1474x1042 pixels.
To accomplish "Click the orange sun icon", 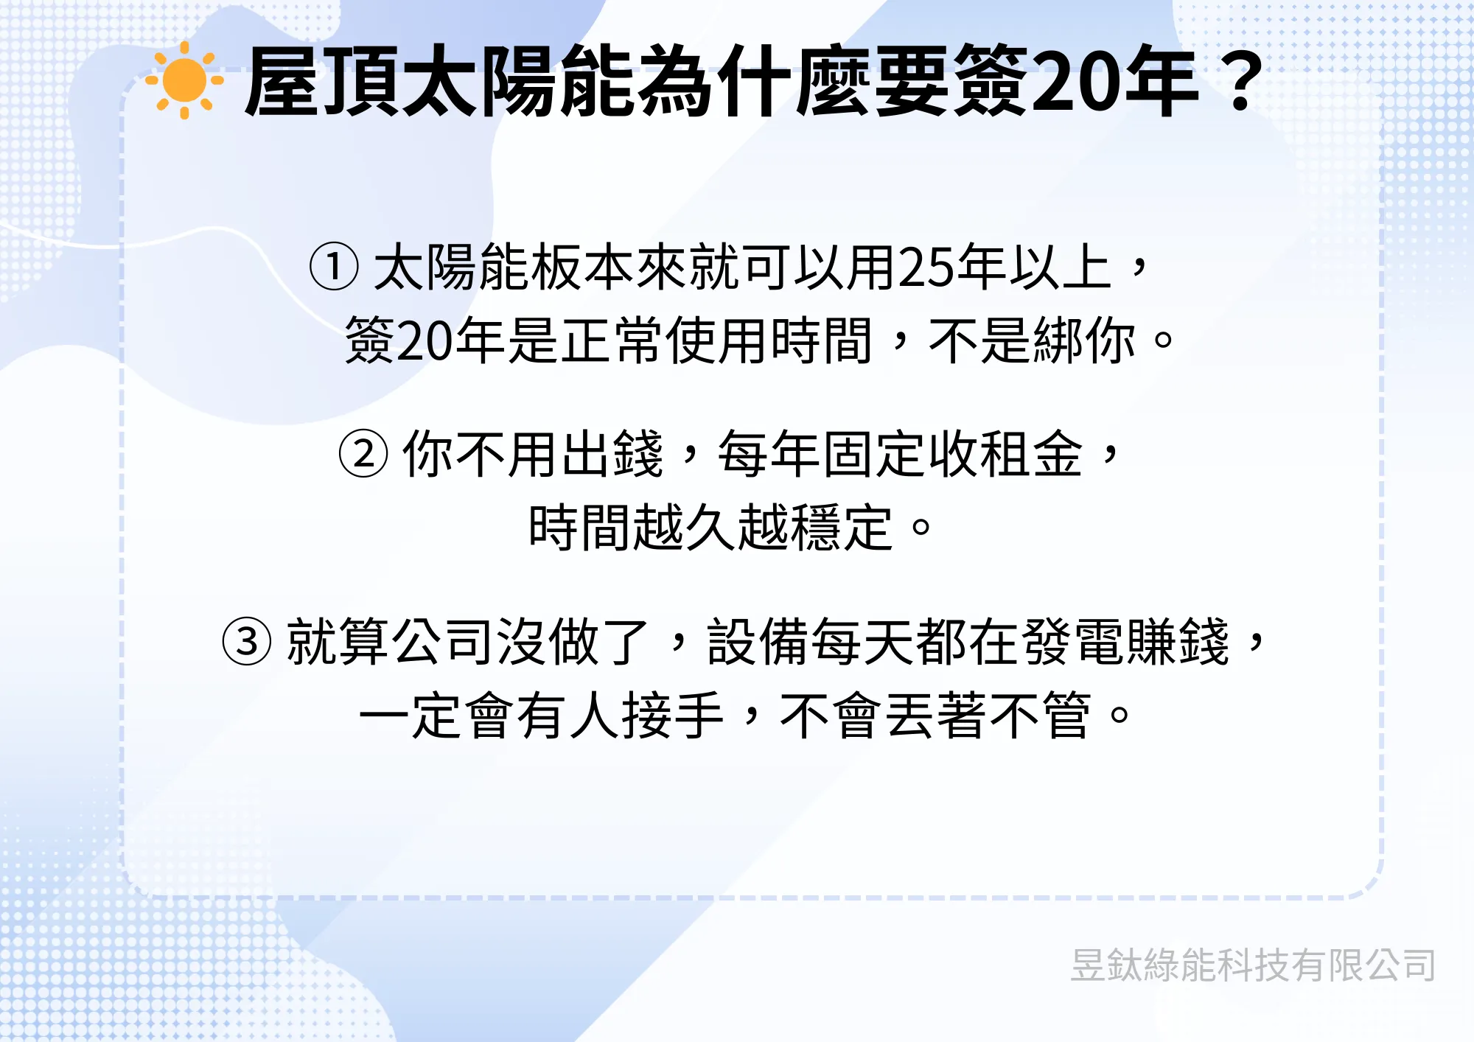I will [x=184, y=80].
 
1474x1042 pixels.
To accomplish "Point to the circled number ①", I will [x=334, y=267].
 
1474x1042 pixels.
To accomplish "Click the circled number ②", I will [x=363, y=454].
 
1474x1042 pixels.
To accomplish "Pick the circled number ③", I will [x=247, y=641].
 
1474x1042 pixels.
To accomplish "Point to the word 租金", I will [x=1033, y=454].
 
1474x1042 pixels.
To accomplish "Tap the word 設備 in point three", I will [x=758, y=641].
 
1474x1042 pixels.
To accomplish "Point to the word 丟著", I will [x=936, y=716].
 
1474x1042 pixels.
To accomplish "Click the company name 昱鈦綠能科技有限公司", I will [x=1253, y=965].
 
